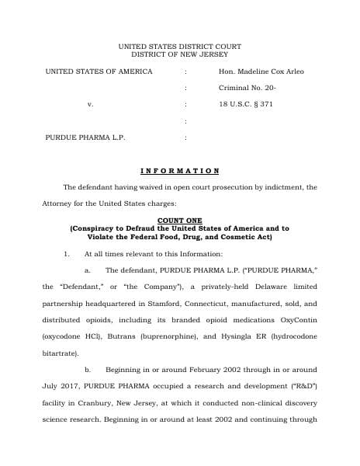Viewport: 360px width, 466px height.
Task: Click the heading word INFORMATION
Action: (x=180, y=170)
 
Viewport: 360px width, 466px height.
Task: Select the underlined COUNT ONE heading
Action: (x=179, y=221)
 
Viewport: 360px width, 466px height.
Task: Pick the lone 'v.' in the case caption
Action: (x=90, y=103)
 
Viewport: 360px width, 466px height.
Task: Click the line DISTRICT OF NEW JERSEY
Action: (x=180, y=55)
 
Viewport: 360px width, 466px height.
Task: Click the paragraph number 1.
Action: (x=67, y=254)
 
